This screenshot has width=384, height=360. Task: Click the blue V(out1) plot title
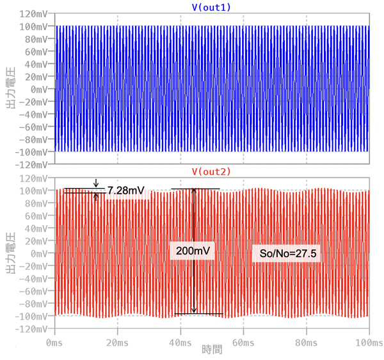tap(211, 7)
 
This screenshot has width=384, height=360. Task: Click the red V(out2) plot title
tap(211, 172)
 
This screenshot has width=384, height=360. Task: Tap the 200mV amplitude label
tap(192, 251)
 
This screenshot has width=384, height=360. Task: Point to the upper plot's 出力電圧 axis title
tap(10, 89)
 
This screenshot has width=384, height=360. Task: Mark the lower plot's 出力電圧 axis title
tap(10, 253)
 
